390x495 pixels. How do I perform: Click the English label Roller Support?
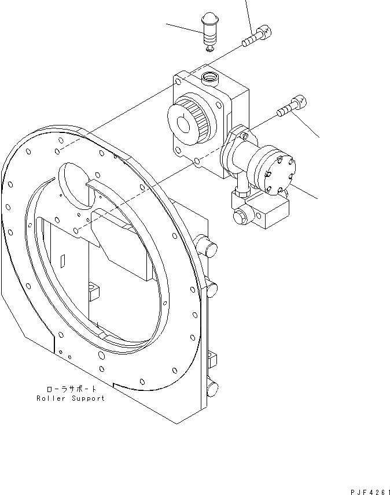point(71,398)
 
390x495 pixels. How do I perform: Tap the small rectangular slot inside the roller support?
point(61,261)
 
